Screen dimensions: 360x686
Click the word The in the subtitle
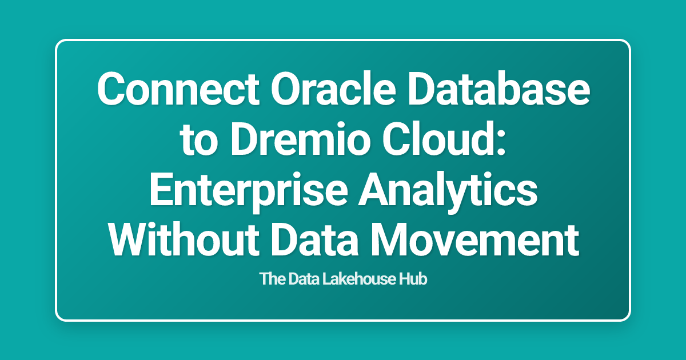click(269, 280)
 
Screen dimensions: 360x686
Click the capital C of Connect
click(111, 91)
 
